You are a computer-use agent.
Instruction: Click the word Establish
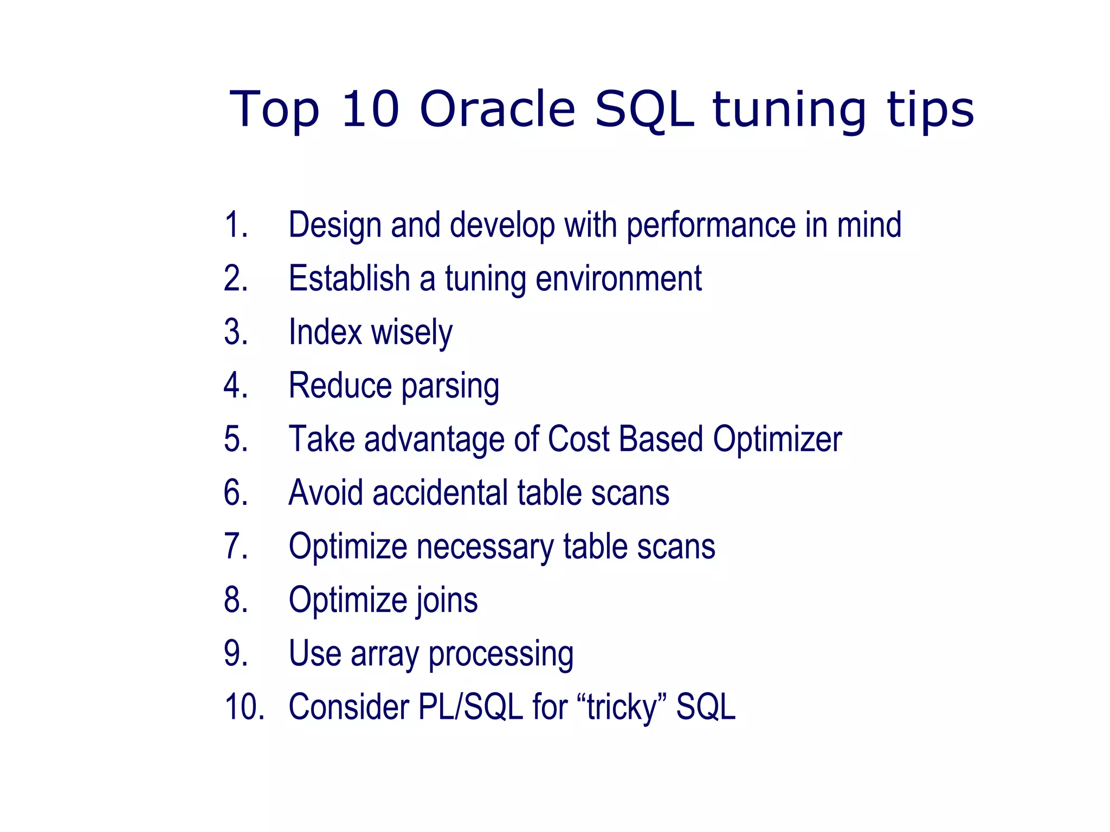pos(349,278)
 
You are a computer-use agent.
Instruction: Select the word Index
pos(325,332)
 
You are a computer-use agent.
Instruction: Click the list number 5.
pos(236,439)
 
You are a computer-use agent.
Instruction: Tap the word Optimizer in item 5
pos(777,439)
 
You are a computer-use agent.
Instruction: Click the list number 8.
pos(236,600)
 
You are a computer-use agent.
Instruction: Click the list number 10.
pos(244,707)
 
